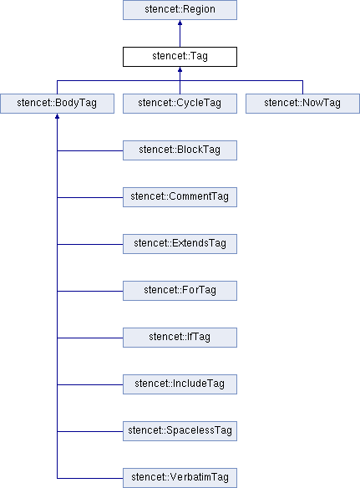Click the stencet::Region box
180,10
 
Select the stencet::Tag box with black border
180,57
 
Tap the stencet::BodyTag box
58,104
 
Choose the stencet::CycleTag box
180,104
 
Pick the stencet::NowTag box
302,104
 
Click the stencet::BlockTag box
180,150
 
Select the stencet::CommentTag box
180,197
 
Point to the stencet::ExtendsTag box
180,244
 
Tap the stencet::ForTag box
180,291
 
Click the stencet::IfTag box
180,338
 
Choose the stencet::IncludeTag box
180,384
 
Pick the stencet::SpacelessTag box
180,431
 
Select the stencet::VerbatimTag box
180,478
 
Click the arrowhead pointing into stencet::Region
180,23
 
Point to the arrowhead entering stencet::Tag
180,69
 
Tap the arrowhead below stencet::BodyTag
58,116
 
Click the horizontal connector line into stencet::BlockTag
90,151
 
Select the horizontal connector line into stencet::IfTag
90,338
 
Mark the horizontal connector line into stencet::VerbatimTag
90,478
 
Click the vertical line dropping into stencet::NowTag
302,87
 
